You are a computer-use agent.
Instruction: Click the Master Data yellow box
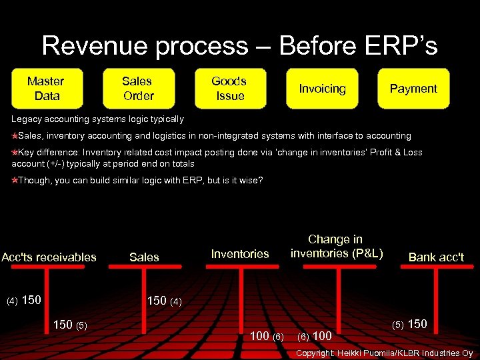pos(46,89)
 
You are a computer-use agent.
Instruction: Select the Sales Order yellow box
pos(138,89)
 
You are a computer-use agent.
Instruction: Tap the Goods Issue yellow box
pos(229,89)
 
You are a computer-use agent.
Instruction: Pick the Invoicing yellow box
pos(322,89)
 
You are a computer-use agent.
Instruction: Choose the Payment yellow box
pos(413,89)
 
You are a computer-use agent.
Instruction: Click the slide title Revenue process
pos(239,45)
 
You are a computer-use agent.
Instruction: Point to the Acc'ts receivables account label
pos(49,257)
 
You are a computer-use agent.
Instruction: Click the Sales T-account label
pos(144,257)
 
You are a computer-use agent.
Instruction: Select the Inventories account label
pos(240,254)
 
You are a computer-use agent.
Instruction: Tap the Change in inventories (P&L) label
pos(336,246)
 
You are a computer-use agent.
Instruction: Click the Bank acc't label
pos(436,257)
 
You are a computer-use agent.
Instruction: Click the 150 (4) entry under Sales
pos(163,301)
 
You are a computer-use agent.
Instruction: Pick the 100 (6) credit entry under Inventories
pos(266,335)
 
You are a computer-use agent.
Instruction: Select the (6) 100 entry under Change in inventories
pos(314,335)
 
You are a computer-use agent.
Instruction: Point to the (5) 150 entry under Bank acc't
pos(409,325)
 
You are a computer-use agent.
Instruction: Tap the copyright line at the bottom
pos(384,353)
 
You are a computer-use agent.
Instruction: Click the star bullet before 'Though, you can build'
pos(15,181)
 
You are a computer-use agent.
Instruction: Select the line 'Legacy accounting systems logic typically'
pos(98,119)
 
